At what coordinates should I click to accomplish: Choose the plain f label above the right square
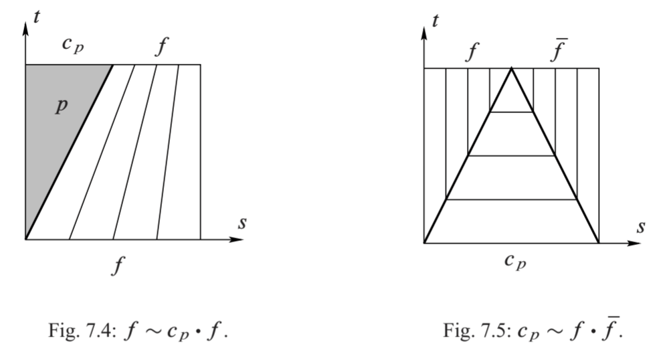472,51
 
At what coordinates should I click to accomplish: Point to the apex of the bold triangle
512,68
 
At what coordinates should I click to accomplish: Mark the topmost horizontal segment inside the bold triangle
512,112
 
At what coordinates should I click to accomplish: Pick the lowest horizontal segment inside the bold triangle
512,199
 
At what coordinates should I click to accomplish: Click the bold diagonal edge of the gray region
68,151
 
